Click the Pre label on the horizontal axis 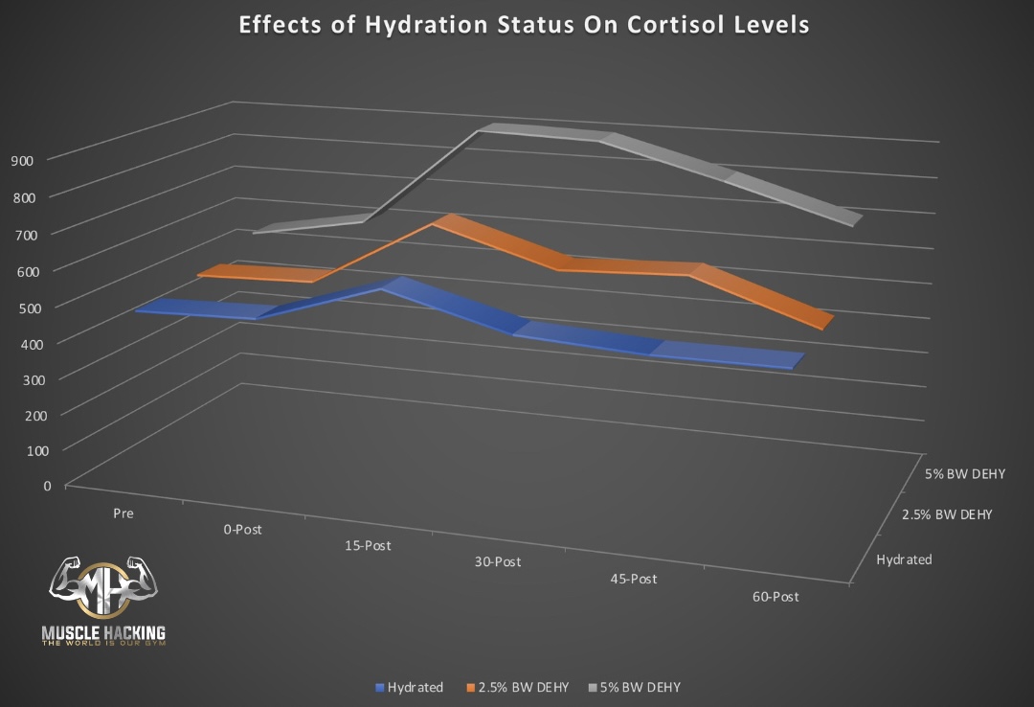tap(123, 513)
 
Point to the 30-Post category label tap(498, 561)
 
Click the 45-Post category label tap(634, 579)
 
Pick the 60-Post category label tap(775, 597)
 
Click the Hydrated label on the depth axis tap(904, 559)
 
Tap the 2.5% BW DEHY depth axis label tap(947, 514)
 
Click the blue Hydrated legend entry tap(410, 687)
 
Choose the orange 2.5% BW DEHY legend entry tap(519, 687)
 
